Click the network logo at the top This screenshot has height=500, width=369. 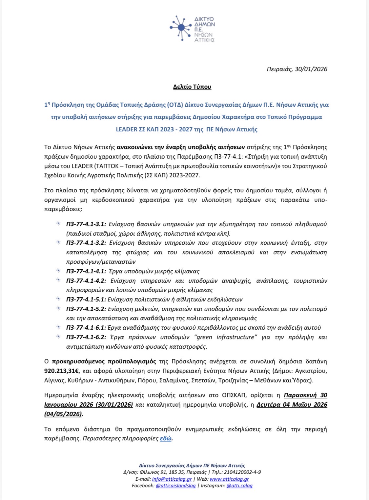[x=192, y=29]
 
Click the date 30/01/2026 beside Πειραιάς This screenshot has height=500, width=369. [x=311, y=69]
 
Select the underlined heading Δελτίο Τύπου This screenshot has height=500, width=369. [x=192, y=87]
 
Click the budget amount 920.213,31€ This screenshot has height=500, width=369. [x=62, y=371]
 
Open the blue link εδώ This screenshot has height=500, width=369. [x=166, y=438]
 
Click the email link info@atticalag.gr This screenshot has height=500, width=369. [x=172, y=479]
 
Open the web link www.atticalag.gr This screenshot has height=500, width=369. [x=229, y=479]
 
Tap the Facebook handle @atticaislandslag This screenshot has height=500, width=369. [x=176, y=486]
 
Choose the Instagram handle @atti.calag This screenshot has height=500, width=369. [x=239, y=486]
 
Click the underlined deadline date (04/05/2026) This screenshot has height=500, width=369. [x=63, y=414]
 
